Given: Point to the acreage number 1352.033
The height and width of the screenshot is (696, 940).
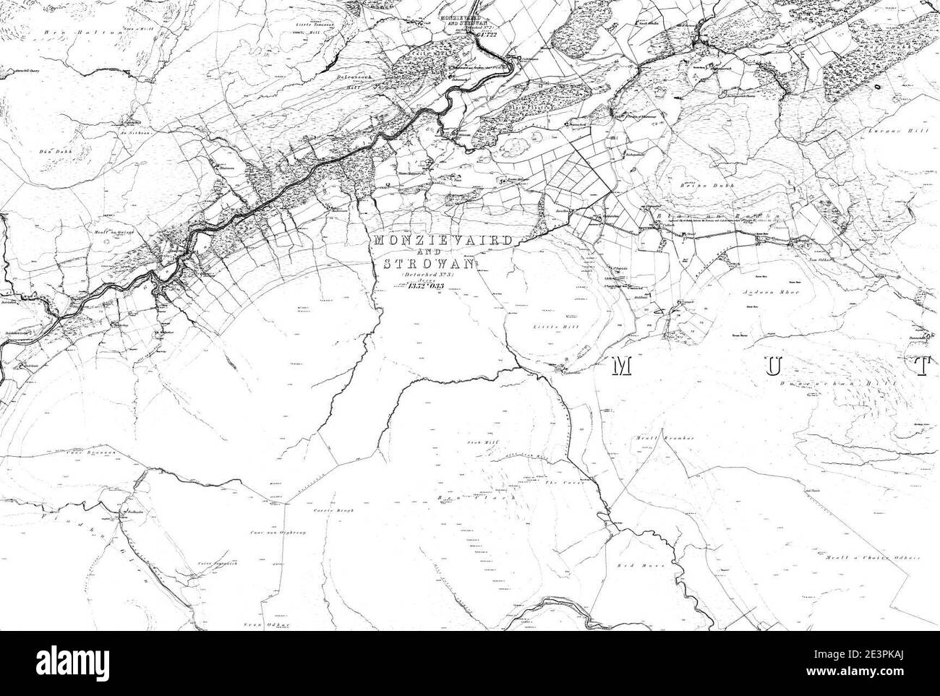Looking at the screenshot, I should coord(425,287).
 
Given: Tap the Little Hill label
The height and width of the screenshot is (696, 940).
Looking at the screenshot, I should coord(547,327).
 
